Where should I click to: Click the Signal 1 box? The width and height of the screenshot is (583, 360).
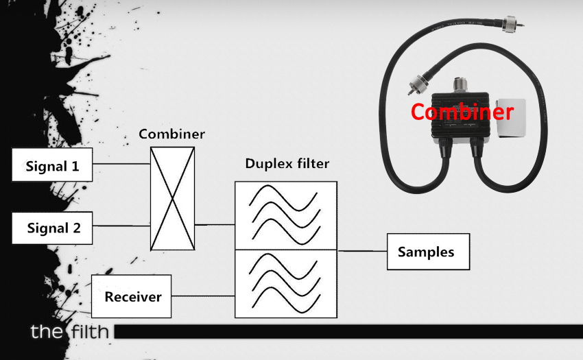click(x=52, y=165)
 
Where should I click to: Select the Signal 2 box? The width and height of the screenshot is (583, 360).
click(x=52, y=228)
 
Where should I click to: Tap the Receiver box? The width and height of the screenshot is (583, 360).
click(x=132, y=296)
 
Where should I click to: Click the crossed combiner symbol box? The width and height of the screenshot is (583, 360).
click(x=172, y=198)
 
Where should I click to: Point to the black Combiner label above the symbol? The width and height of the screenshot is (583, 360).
click(x=171, y=134)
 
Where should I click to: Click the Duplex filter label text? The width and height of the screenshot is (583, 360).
click(x=287, y=165)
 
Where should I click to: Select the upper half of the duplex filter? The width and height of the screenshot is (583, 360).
click(x=286, y=215)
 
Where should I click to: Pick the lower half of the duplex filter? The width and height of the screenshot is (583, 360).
click(x=286, y=283)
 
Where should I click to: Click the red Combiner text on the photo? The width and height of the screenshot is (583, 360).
click(x=462, y=111)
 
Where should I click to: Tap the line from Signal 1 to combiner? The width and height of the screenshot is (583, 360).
click(x=121, y=164)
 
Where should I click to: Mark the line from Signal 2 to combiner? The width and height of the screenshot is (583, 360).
click(x=121, y=226)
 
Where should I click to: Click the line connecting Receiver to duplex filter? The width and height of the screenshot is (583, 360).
click(x=203, y=296)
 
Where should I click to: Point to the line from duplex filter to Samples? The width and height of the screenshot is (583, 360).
click(x=362, y=251)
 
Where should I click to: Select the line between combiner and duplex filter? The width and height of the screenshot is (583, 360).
click(x=215, y=224)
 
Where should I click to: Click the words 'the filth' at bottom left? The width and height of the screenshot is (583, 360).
click(x=69, y=333)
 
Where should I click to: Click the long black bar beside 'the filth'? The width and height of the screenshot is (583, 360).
click(x=343, y=332)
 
